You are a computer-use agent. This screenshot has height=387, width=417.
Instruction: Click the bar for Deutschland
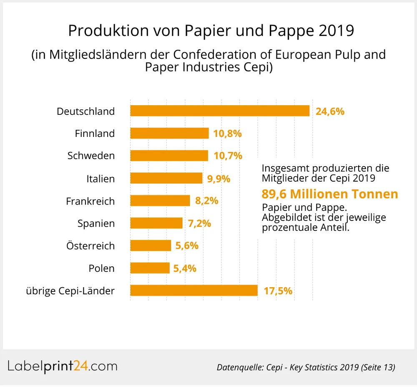pyautogui.click(x=220, y=111)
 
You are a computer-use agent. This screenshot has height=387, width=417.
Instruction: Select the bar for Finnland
pyautogui.click(x=169, y=134)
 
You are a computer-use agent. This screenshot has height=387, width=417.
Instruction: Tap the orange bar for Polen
pyautogui.click(x=150, y=268)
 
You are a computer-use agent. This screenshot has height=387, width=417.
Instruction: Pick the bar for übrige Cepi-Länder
pyautogui.click(x=194, y=291)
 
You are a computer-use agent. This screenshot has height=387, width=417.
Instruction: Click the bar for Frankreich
pyautogui.click(x=160, y=201)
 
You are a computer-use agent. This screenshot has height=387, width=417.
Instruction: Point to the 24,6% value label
pyautogui.click(x=330, y=111)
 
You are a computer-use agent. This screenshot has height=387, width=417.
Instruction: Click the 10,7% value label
pyautogui.click(x=228, y=156)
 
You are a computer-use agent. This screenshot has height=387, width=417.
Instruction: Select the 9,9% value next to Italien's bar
pyautogui.click(x=219, y=179)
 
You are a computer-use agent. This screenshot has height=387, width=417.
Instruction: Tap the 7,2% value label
pyautogui.click(x=199, y=223)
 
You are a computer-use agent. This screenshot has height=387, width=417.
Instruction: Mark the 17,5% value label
pyautogui.click(x=278, y=291)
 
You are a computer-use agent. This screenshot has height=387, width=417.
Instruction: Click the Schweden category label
pyautogui.click(x=91, y=156)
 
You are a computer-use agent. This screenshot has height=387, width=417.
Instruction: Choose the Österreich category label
pyautogui.click(x=90, y=246)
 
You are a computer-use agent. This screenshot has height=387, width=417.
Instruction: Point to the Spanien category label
pyautogui.click(x=96, y=223)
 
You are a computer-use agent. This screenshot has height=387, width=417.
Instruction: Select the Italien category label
pyautogui.click(x=100, y=179)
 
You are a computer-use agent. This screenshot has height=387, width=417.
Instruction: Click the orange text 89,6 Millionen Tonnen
pyautogui.click(x=329, y=194)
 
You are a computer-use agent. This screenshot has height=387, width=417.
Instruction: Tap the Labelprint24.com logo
pyautogui.click(x=63, y=366)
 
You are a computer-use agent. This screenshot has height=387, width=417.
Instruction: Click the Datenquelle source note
pyautogui.click(x=306, y=367)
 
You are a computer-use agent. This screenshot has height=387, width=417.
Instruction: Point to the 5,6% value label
pyautogui.click(x=187, y=246)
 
